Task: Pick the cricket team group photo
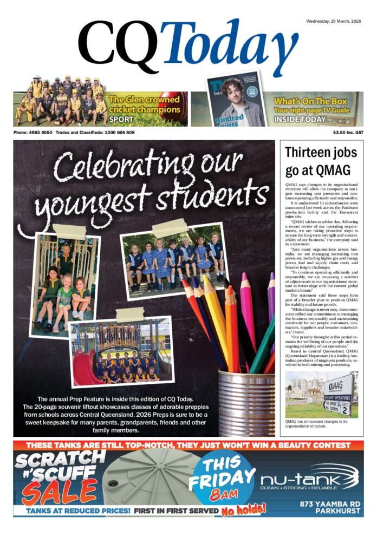tap(60, 101)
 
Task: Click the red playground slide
tap(87, 368)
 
